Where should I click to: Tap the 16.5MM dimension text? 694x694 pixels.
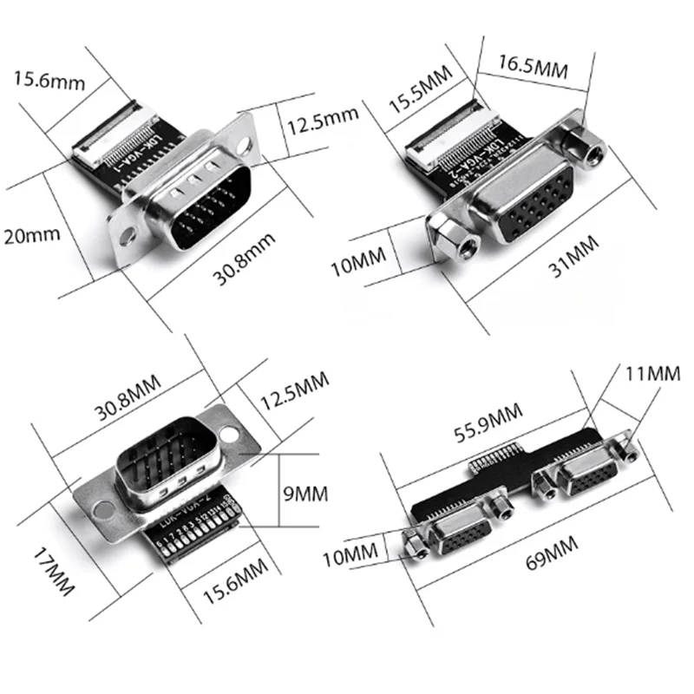tap(533, 68)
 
